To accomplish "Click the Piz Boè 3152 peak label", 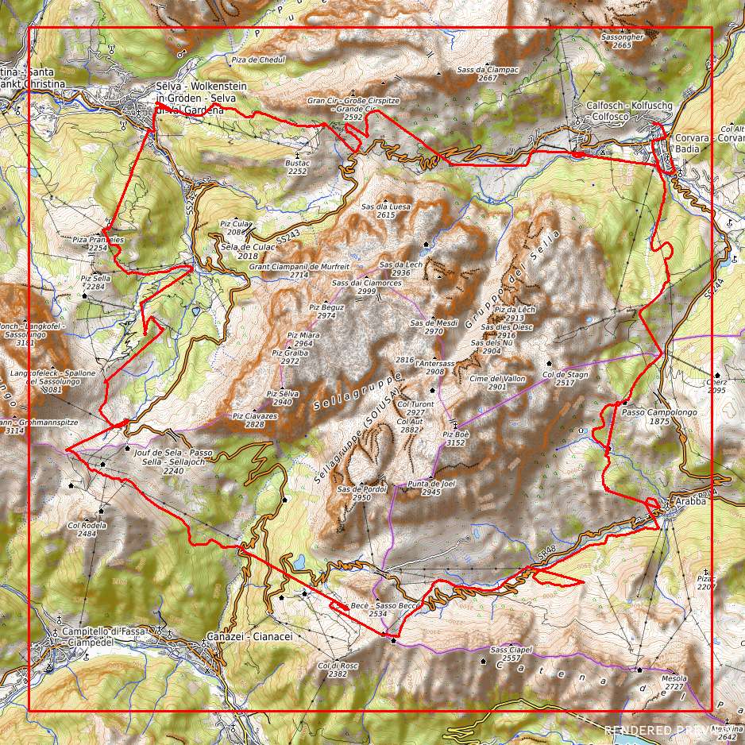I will pos(455,438).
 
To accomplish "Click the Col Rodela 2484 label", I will pos(87,529).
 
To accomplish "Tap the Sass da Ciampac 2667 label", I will pos(488,74).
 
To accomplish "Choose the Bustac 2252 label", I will pos(296,167).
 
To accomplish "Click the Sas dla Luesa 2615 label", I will pos(386,210).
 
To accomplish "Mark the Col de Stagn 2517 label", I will pos(565,378).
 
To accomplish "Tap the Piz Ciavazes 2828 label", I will pos(254,420).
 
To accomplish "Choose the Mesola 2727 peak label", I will pos(674,683).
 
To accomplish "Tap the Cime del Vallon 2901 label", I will pos(497,383).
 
